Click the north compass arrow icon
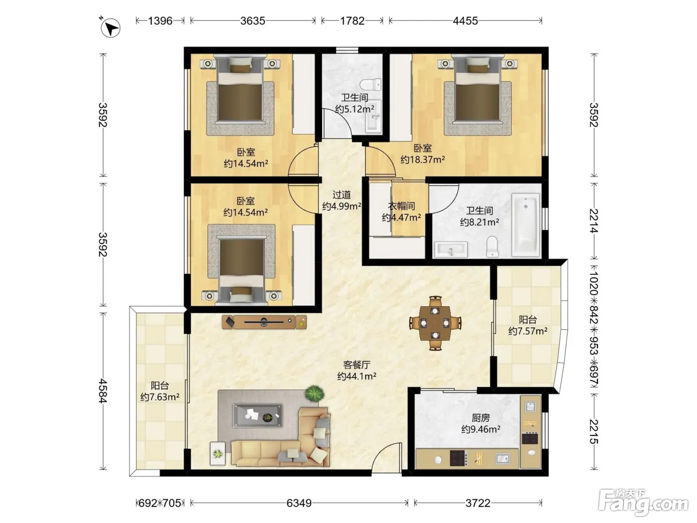coord(110,28)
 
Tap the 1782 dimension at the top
coord(352,21)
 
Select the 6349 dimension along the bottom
coord(299,503)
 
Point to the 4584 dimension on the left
coord(103,391)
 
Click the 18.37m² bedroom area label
coord(423,160)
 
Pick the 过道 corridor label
coord(342,194)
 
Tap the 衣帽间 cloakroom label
coord(401,206)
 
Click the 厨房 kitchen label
coord(481,417)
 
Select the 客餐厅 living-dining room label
coord(356,365)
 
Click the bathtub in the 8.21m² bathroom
coord(526,225)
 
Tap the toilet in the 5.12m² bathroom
coord(370,85)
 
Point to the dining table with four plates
coord(435,323)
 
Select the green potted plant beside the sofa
coord(314,394)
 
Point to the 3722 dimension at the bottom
coord(478,503)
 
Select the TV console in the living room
coord(264,322)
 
